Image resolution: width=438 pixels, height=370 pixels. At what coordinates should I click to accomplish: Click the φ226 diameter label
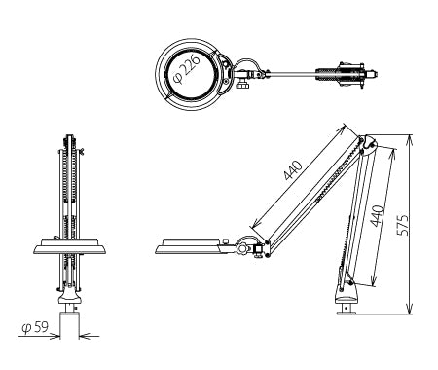click(x=185, y=70)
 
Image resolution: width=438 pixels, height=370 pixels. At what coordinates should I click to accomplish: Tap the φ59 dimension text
click(x=35, y=327)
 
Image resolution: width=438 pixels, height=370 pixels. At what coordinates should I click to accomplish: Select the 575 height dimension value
click(x=403, y=225)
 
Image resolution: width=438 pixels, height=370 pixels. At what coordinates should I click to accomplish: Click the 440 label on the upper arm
click(x=293, y=170)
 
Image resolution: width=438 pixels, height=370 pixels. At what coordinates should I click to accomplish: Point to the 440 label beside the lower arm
click(x=377, y=216)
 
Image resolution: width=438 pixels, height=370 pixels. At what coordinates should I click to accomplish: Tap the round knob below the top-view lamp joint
click(x=241, y=86)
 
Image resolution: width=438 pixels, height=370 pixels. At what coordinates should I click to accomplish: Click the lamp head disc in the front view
click(x=69, y=246)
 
